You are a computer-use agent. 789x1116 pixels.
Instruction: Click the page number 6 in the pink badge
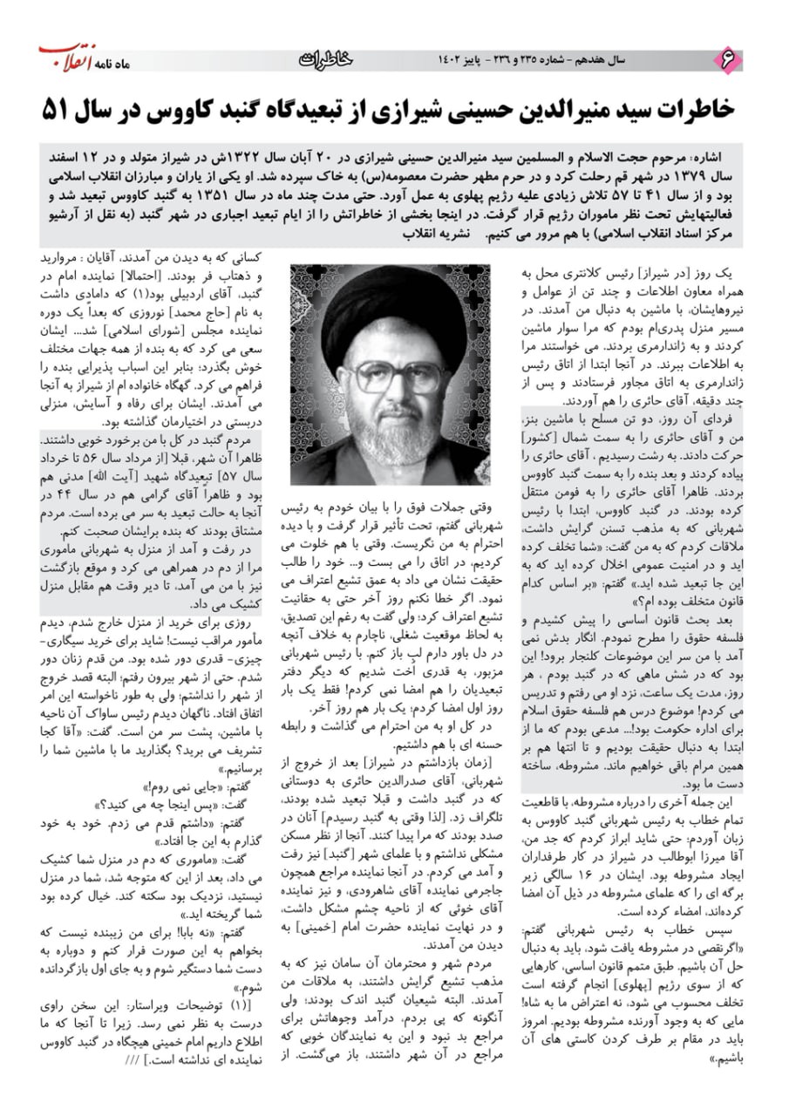[725, 58]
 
